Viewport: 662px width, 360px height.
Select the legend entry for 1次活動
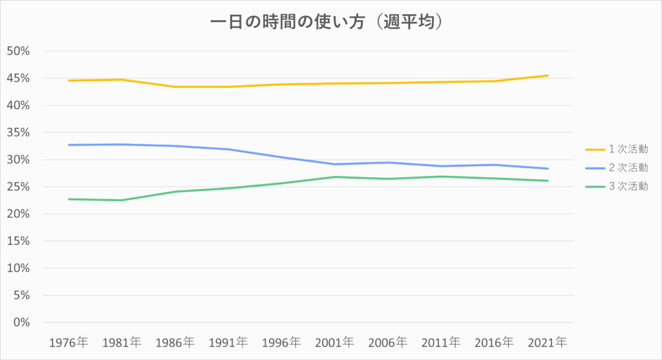point(616,149)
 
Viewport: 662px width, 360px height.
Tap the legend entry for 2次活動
point(616,167)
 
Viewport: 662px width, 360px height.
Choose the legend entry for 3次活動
point(616,186)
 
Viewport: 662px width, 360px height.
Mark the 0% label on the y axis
point(21,323)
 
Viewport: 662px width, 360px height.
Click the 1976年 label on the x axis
point(69,343)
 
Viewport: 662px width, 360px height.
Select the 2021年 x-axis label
point(547,343)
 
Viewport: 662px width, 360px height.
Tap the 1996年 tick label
point(281,343)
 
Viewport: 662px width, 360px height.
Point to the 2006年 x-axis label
point(388,343)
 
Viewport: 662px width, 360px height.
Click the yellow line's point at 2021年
point(547,76)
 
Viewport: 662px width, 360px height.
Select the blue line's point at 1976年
point(69,145)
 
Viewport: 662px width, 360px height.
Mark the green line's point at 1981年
point(122,200)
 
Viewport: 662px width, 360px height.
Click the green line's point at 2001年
point(334,177)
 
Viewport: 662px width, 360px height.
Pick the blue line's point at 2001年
point(334,164)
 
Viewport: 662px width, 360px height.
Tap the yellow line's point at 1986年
point(175,87)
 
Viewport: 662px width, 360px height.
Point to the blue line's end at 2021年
point(547,169)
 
